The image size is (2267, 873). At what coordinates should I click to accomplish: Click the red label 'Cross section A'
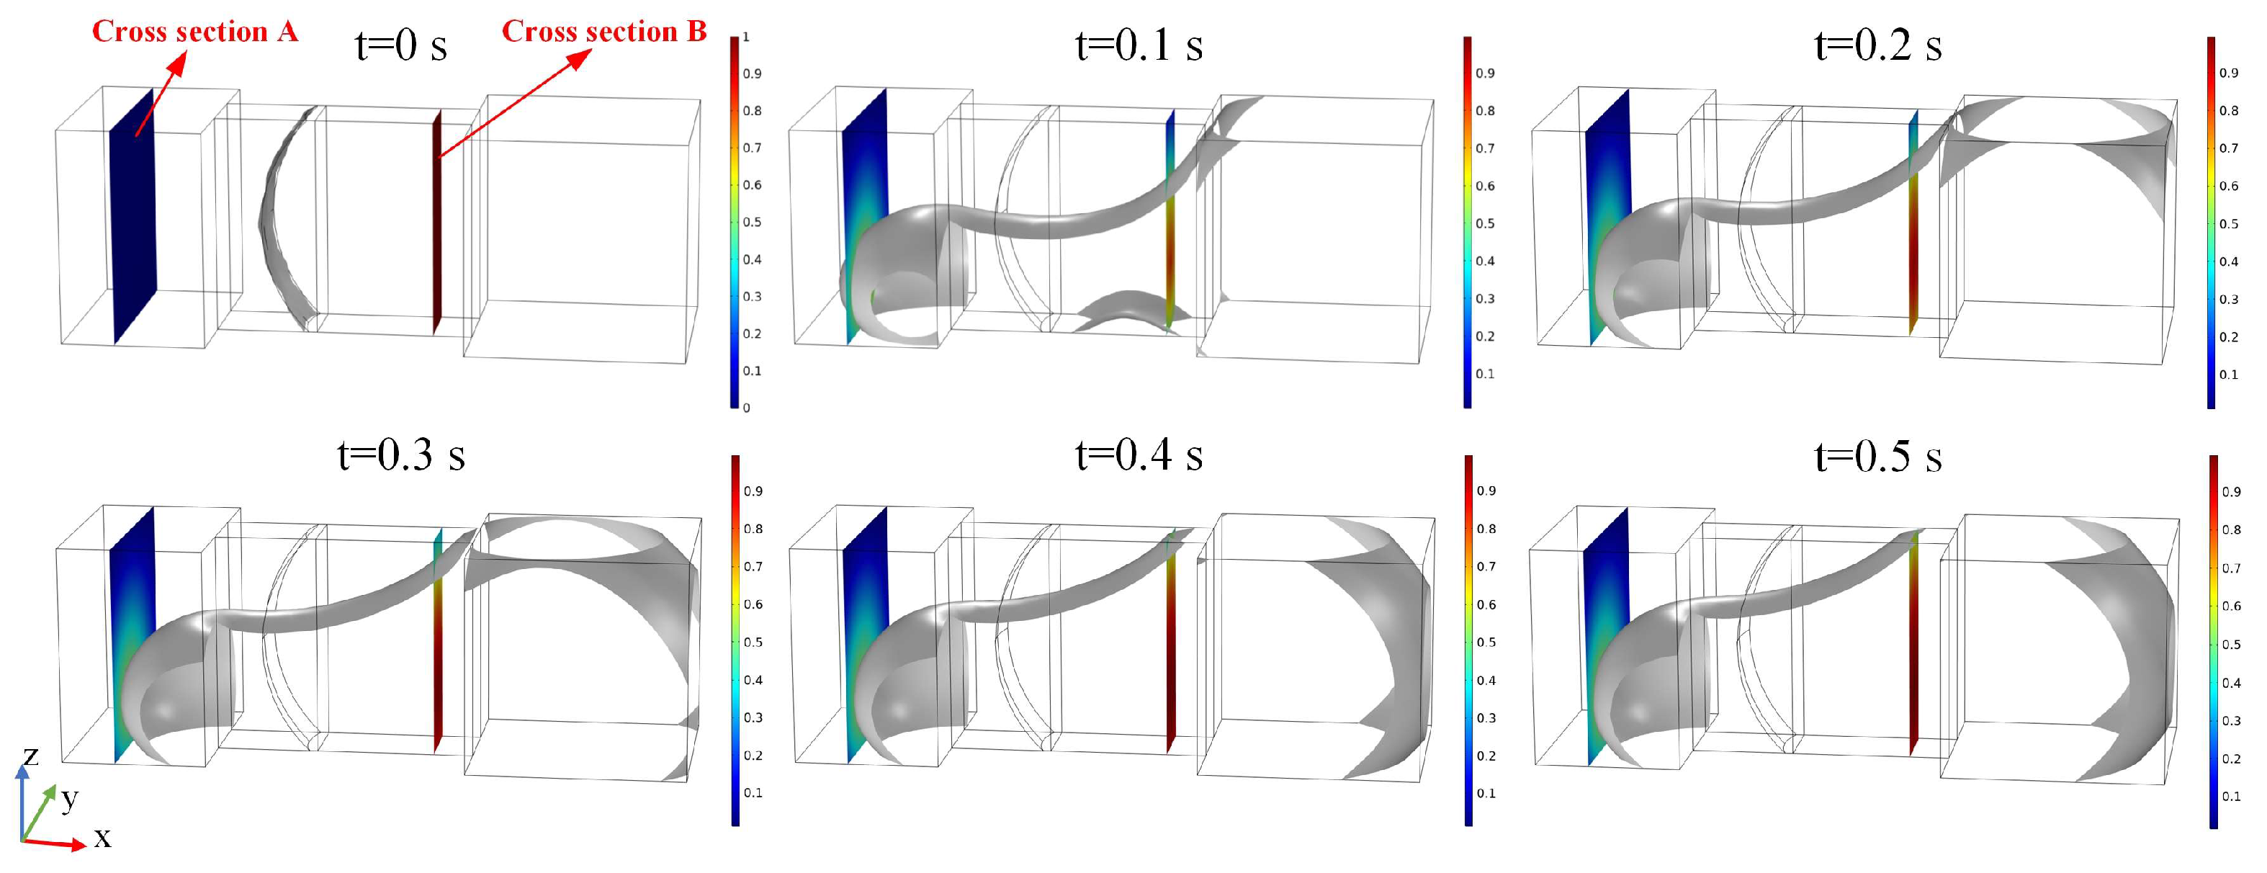pos(194,32)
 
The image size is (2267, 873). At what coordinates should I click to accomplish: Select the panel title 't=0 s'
pos(401,45)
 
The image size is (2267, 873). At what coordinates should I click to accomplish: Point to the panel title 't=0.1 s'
pos(1139,45)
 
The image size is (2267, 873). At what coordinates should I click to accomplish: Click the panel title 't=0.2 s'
pos(1878,45)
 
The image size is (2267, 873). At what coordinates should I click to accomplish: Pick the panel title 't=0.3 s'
pos(401,455)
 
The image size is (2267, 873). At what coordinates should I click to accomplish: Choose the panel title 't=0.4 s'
pos(1139,455)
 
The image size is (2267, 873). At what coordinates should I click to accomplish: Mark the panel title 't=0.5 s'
pos(1878,456)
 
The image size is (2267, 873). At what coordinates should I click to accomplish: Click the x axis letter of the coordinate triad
pos(102,838)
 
